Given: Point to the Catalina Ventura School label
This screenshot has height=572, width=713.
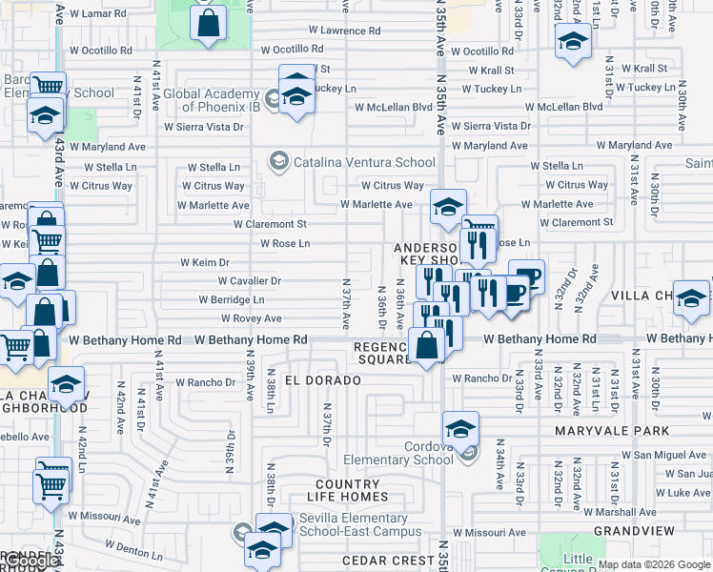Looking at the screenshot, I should pos(364,163).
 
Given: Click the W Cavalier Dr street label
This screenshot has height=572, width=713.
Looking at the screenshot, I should pos(249,281).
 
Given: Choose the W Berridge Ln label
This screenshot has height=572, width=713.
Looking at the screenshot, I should pos(231,299).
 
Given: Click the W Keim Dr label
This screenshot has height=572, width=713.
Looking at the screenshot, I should pos(205,262).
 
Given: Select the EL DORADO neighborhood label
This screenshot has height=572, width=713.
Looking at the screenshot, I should pos(320,380).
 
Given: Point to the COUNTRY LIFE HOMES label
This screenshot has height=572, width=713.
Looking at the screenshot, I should pos(353,490).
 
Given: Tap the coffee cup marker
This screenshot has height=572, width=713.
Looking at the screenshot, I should pos(526,276).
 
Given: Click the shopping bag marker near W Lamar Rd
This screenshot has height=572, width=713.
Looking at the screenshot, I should pos(208,23).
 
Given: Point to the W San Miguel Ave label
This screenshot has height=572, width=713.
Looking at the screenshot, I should pos(671,456).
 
